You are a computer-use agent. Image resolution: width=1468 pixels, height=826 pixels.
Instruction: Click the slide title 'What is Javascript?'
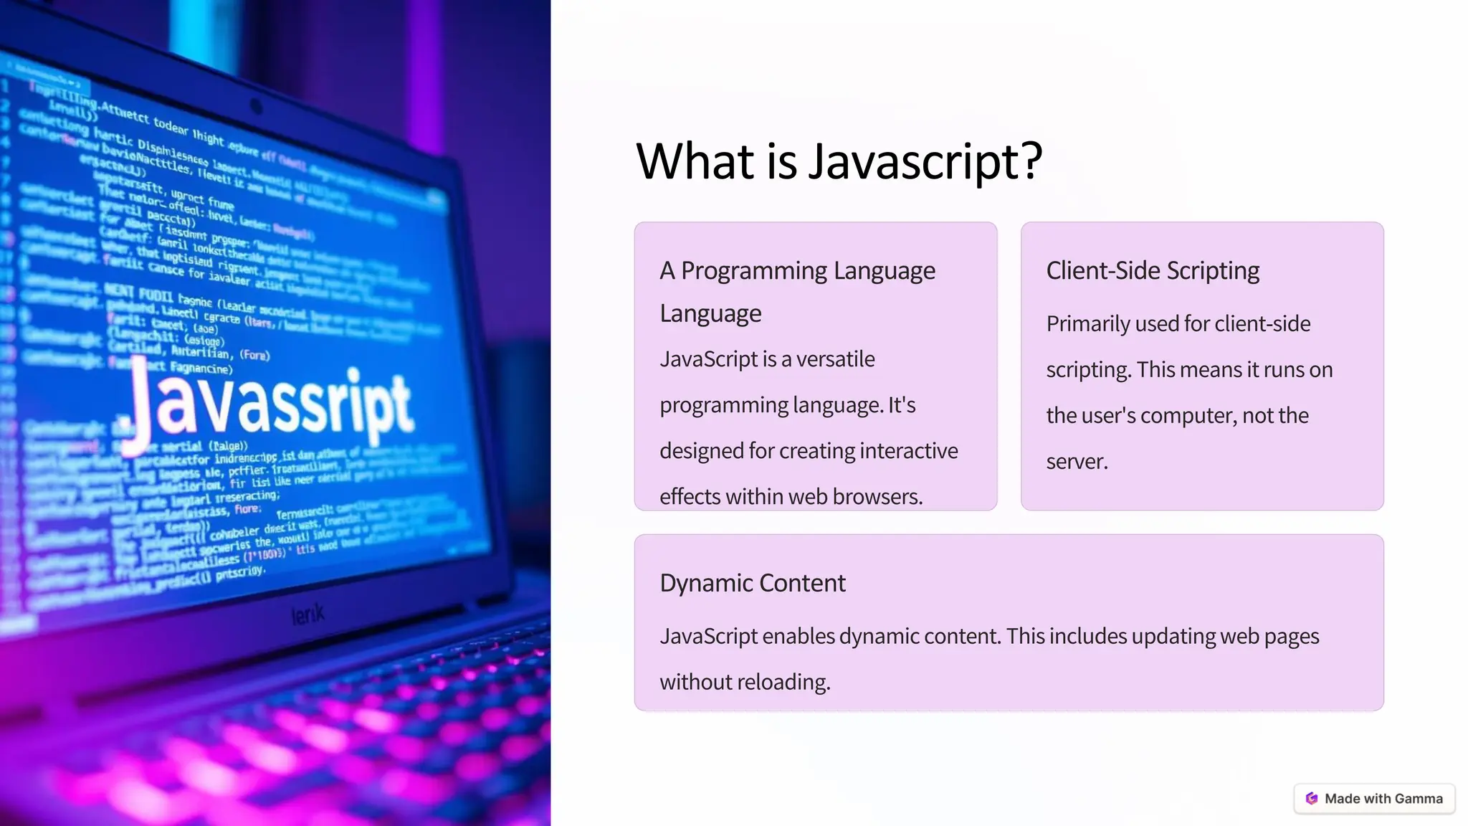[x=839, y=161]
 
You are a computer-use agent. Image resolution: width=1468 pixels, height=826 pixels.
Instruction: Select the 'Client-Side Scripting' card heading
[x=1153, y=271]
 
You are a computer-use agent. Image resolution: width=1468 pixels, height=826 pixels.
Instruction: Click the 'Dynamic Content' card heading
[x=753, y=584]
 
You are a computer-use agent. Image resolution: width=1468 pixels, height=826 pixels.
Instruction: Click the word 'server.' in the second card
[x=1077, y=462]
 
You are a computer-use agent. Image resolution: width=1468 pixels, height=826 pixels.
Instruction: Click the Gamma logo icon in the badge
[x=1312, y=799]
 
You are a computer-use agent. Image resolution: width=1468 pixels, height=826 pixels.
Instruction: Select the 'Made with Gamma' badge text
[x=1383, y=799]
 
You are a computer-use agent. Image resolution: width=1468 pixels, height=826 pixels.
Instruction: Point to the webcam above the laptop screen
[x=256, y=107]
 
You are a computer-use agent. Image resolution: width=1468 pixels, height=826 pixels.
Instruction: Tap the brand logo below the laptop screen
[x=308, y=614]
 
